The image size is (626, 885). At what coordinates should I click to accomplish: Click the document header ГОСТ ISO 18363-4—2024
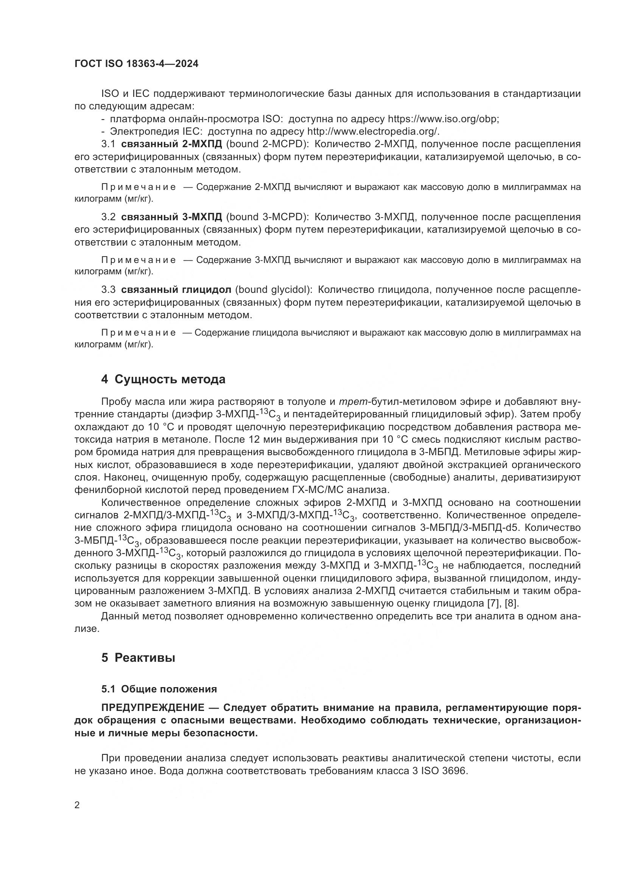pyautogui.click(x=136, y=64)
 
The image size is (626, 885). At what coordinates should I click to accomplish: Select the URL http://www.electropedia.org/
pyautogui.click(x=373, y=131)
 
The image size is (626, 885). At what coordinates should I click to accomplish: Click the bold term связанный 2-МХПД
pyautogui.click(x=171, y=144)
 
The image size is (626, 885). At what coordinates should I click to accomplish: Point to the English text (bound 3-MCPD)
pyautogui.click(x=267, y=217)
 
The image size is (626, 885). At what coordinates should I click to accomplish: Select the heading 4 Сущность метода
pyautogui.click(x=163, y=379)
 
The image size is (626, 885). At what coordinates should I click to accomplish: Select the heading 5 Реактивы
pyautogui.click(x=138, y=658)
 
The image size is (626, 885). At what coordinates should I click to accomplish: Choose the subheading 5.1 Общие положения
pyautogui.click(x=159, y=689)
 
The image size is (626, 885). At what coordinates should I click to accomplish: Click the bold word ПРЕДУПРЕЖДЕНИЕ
pyautogui.click(x=153, y=708)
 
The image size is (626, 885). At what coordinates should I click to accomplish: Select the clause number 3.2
pyautogui.click(x=108, y=217)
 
